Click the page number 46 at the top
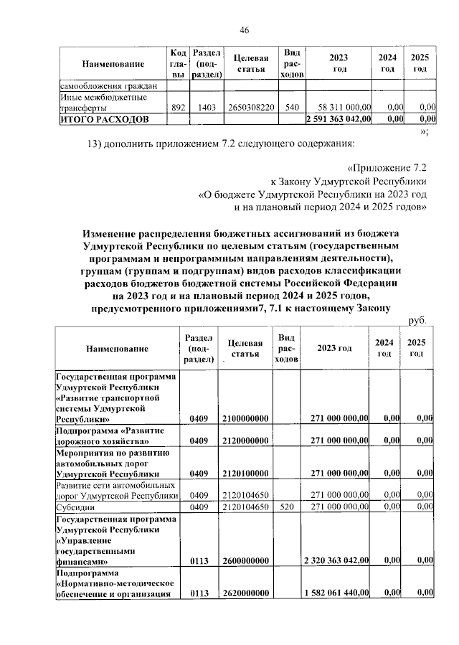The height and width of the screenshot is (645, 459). click(x=244, y=29)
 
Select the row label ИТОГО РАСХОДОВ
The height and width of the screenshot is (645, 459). click(x=105, y=118)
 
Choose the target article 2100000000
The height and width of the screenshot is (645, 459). click(x=245, y=418)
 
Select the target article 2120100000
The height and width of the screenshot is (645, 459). click(x=245, y=474)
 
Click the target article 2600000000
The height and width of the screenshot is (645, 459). click(x=245, y=561)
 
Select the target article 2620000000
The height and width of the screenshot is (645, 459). click(x=245, y=593)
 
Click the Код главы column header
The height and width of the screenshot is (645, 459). click(x=179, y=64)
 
